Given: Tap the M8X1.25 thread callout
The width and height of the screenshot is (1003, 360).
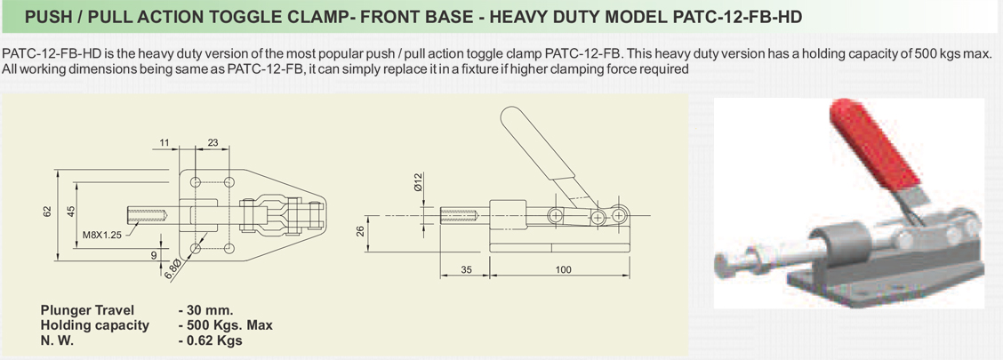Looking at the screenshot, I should click(x=102, y=236).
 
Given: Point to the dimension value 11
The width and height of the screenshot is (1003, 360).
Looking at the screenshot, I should click(x=164, y=141).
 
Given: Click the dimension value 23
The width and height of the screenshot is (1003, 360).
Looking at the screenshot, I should click(x=213, y=141).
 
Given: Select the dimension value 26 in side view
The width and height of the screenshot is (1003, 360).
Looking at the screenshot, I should click(x=360, y=231).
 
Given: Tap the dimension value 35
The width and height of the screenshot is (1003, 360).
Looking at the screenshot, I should click(x=464, y=269).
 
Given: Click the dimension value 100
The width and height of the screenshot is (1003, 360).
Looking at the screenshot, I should click(x=563, y=269).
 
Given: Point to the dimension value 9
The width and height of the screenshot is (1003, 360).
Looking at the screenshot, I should click(x=154, y=253).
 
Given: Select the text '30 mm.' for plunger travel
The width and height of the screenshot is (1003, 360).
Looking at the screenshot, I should click(x=205, y=310).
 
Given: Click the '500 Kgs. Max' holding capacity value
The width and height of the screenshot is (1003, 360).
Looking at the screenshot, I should click(x=225, y=325).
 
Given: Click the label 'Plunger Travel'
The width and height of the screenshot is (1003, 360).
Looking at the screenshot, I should click(x=87, y=310).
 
